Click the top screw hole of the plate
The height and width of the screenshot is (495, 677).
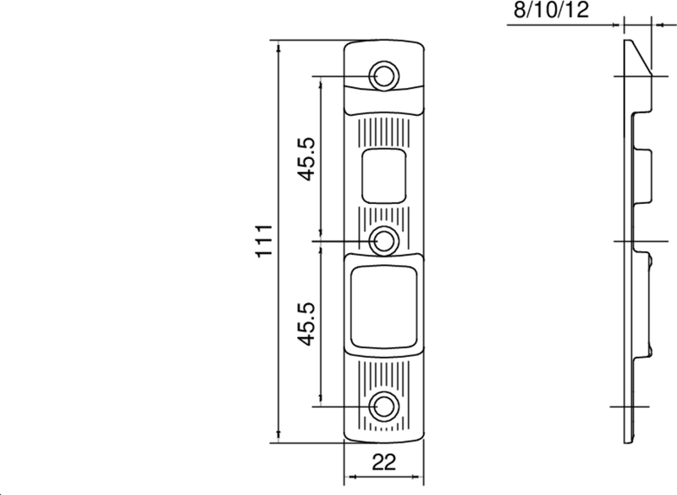pyautogui.click(x=385, y=75)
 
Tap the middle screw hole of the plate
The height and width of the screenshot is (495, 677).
pyautogui.click(x=385, y=241)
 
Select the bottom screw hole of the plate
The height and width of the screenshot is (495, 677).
pyautogui.click(x=385, y=406)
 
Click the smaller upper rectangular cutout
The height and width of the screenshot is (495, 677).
pyautogui.click(x=385, y=175)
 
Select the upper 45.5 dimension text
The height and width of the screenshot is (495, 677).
pyautogui.click(x=306, y=158)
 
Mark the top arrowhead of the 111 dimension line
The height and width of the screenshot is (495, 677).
pyautogui.click(x=278, y=46)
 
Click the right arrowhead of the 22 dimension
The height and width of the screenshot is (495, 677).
pyautogui.click(x=420, y=476)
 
